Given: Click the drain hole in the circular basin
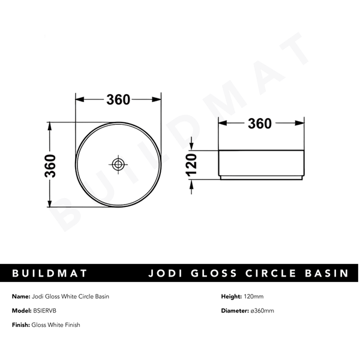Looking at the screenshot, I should [118, 164].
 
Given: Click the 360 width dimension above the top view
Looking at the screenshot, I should [118, 100].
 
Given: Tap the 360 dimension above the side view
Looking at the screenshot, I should [259, 124].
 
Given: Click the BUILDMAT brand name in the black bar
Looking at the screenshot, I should [50, 274].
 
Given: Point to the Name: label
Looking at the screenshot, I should [21, 296].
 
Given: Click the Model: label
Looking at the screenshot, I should [22, 311].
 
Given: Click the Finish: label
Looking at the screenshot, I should [22, 325].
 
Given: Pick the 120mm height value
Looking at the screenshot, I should [254, 296].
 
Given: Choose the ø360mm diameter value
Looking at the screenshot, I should [262, 311].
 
